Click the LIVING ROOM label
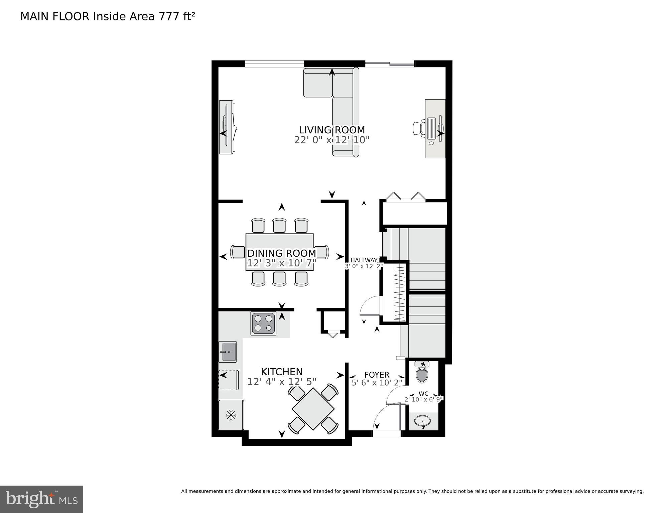point(331,130)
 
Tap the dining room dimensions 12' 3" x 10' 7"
point(281,264)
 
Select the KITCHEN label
point(282,372)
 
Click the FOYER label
point(377,375)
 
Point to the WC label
point(423,394)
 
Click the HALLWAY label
point(364,260)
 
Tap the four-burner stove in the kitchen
point(263,323)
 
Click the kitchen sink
point(228,352)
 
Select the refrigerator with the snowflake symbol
point(231,415)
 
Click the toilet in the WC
point(422,373)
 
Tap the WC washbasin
point(422,421)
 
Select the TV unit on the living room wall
point(227,128)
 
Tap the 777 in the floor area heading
point(169,16)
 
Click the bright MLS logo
point(41,499)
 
